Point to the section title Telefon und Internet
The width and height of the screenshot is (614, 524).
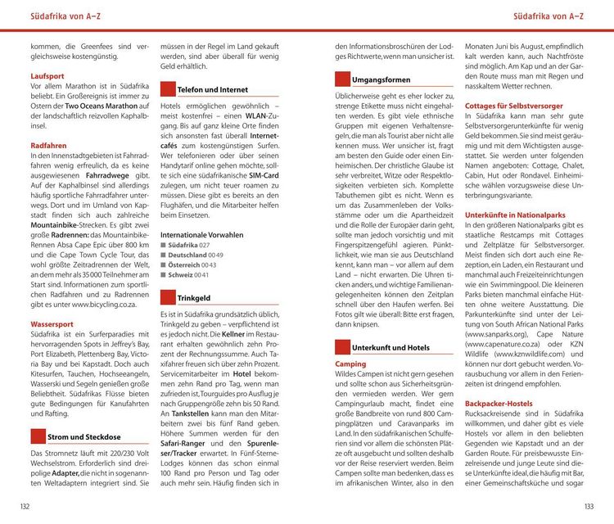(x=213, y=89)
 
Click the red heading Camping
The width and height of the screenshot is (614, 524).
(x=350, y=364)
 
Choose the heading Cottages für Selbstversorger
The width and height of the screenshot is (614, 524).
(x=513, y=106)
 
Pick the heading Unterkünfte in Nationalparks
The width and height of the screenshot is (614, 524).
(x=515, y=215)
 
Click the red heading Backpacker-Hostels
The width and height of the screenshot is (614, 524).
(x=498, y=404)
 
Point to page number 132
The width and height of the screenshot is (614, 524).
(x=25, y=507)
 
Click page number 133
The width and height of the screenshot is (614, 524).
(x=589, y=507)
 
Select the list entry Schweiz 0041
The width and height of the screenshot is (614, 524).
(x=187, y=275)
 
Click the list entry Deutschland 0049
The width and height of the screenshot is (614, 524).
(x=194, y=255)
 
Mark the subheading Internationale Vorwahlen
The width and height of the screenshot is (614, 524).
(x=201, y=234)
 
